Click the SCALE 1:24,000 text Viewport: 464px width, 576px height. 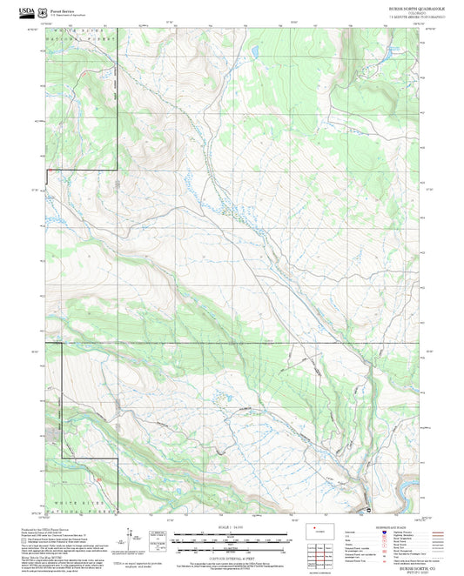click(x=232, y=529)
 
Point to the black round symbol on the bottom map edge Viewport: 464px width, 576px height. click(x=368, y=509)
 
